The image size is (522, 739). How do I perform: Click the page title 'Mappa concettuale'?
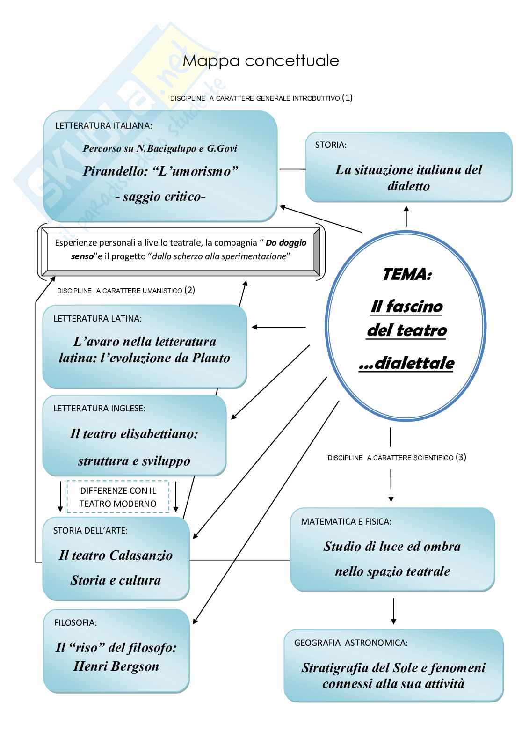click(261, 61)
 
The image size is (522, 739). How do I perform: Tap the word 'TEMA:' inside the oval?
click(406, 274)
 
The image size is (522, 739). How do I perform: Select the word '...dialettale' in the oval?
click(406, 363)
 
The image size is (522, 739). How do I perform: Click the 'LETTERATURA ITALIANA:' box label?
click(103, 126)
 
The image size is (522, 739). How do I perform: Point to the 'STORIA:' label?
click(331, 145)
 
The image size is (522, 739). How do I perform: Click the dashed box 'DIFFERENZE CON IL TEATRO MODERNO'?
click(118, 497)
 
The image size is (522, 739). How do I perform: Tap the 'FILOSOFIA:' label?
click(75, 623)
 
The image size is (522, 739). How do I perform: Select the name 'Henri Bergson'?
click(116, 666)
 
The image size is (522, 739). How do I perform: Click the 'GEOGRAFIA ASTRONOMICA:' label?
click(350, 643)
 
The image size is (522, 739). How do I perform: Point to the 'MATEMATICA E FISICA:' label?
click(346, 522)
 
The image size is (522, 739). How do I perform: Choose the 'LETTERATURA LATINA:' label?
click(97, 319)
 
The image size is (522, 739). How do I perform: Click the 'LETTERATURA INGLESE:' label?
click(99, 409)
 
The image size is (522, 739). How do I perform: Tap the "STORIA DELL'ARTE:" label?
click(90, 531)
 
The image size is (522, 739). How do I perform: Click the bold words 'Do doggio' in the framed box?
click(286, 243)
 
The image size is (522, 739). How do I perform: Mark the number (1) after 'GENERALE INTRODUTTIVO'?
click(347, 98)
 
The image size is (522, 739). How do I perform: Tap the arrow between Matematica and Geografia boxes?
click(393, 610)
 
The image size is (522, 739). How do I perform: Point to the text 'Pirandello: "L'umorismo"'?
click(160, 171)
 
